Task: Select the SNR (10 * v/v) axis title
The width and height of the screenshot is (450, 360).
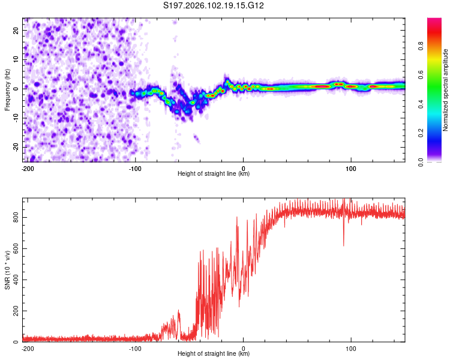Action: [8, 271]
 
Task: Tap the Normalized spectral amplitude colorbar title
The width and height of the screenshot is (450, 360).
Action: [446, 91]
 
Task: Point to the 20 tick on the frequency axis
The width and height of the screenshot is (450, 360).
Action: [16, 29]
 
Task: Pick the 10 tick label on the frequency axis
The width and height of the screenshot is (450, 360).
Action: [16, 59]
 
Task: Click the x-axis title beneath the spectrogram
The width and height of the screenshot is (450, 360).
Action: [214, 174]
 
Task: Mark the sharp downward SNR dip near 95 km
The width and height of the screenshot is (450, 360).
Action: [344, 244]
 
